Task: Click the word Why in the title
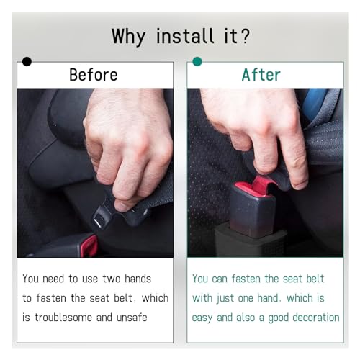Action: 129,37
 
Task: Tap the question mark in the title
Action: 245,36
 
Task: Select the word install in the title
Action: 185,36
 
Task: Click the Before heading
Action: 94,75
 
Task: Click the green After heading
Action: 261,75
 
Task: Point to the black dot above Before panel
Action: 27,61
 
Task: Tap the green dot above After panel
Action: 197,61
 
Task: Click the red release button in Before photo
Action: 89,246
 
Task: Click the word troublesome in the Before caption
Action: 63,318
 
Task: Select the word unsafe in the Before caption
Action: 132,318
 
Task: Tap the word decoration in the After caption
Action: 316,318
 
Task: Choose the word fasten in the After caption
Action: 246,279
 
